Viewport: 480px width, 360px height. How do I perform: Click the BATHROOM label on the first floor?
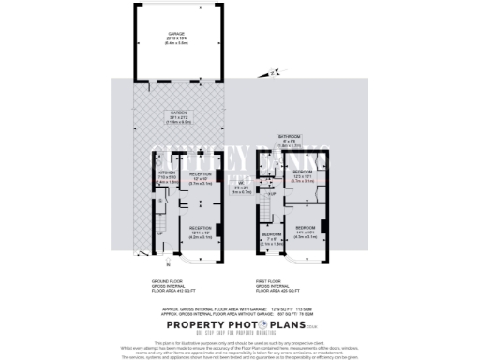coord(290,141)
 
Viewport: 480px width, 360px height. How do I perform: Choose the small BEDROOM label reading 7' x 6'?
coord(270,238)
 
